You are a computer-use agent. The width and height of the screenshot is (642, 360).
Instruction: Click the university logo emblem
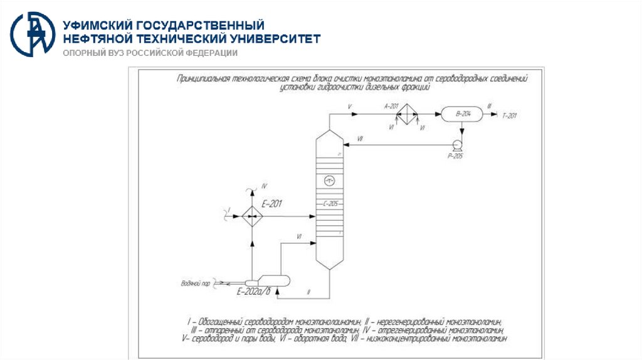[x=32, y=33]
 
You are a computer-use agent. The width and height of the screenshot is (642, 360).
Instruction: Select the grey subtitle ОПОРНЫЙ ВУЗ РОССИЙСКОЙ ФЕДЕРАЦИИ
[x=149, y=53]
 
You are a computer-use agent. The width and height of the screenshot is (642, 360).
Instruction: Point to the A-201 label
[x=392, y=106]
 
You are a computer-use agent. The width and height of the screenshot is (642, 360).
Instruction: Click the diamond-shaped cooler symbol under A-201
[x=408, y=114]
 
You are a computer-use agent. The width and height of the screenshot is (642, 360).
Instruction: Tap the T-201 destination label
[x=511, y=115]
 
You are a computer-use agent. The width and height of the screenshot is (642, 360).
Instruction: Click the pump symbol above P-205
[x=457, y=144]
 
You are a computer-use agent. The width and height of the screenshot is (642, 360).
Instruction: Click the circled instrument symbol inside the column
[x=330, y=181]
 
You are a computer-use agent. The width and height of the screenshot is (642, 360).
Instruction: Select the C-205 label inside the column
[x=330, y=204]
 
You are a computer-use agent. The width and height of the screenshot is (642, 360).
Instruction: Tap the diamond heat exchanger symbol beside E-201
[x=251, y=216]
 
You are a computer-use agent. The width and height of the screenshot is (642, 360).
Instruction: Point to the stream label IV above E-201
[x=264, y=186]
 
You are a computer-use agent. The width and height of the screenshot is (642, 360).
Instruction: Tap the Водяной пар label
[x=194, y=283]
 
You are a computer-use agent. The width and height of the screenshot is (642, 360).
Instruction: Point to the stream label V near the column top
[x=350, y=107]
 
